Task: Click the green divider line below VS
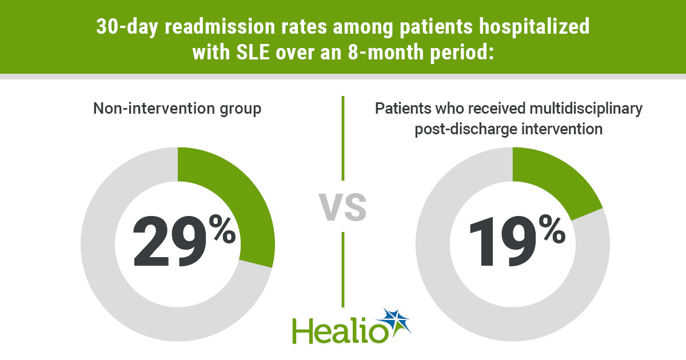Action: [x=343, y=269]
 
